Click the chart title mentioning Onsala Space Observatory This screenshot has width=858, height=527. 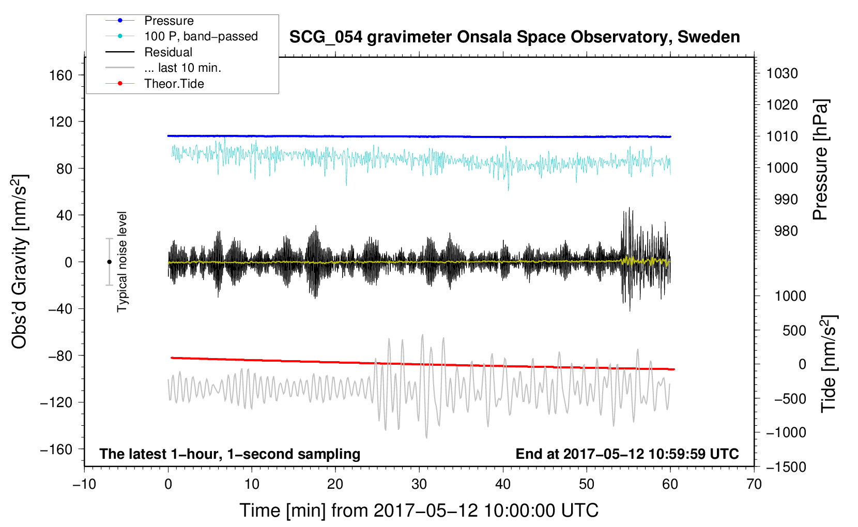tap(514, 37)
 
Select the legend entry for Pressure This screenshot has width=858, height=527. tap(168, 21)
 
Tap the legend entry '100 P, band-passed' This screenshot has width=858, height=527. tap(201, 37)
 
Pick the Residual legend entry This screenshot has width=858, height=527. tap(168, 52)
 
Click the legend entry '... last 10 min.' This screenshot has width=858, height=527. tap(182, 68)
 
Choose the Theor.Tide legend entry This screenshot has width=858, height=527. tap(174, 84)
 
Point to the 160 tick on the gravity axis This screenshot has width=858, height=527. tap(61, 75)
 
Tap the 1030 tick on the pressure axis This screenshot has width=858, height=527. tap(782, 73)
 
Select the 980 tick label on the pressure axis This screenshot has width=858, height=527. tap(786, 231)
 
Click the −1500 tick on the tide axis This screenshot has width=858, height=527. tap(786, 467)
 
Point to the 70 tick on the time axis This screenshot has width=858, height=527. tap(754, 484)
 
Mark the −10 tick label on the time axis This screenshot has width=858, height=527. tap(84, 484)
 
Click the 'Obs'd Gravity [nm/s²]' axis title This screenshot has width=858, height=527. tap(20, 262)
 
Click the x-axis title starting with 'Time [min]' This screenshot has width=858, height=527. tap(419, 510)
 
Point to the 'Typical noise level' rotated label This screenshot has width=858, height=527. tap(122, 262)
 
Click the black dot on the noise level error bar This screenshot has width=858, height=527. tap(109, 262)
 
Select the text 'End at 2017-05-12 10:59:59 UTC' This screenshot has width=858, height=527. tap(627, 454)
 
